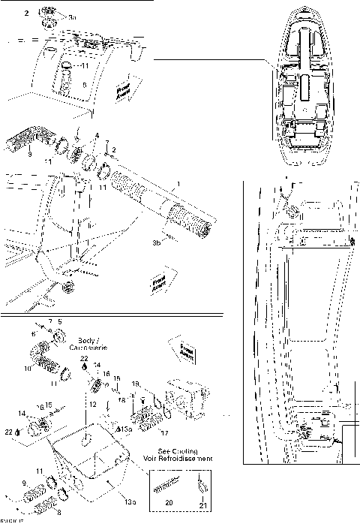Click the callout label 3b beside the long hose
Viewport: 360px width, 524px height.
click(x=157, y=242)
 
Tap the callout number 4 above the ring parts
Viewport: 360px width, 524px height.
click(x=96, y=136)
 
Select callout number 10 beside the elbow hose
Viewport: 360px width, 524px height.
click(x=29, y=369)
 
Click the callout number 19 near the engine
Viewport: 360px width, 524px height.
click(x=136, y=384)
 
